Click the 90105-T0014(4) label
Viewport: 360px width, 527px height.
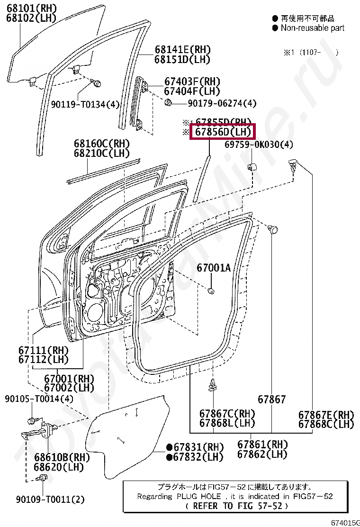click(39, 399)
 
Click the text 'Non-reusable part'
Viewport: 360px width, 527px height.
click(312, 28)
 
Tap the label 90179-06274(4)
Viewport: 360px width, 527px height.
click(222, 103)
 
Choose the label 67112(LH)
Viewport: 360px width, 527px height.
click(44, 359)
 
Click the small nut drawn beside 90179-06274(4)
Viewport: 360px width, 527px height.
click(168, 102)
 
